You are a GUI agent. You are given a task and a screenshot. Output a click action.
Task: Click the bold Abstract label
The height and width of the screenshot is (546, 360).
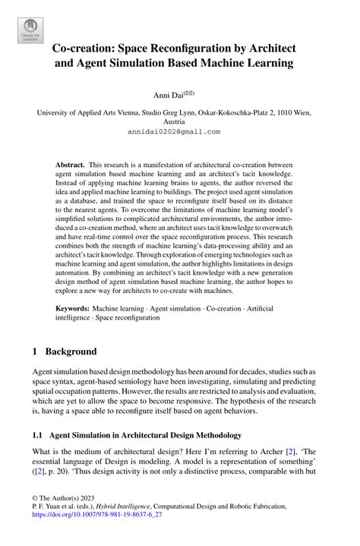tap(70, 164)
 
